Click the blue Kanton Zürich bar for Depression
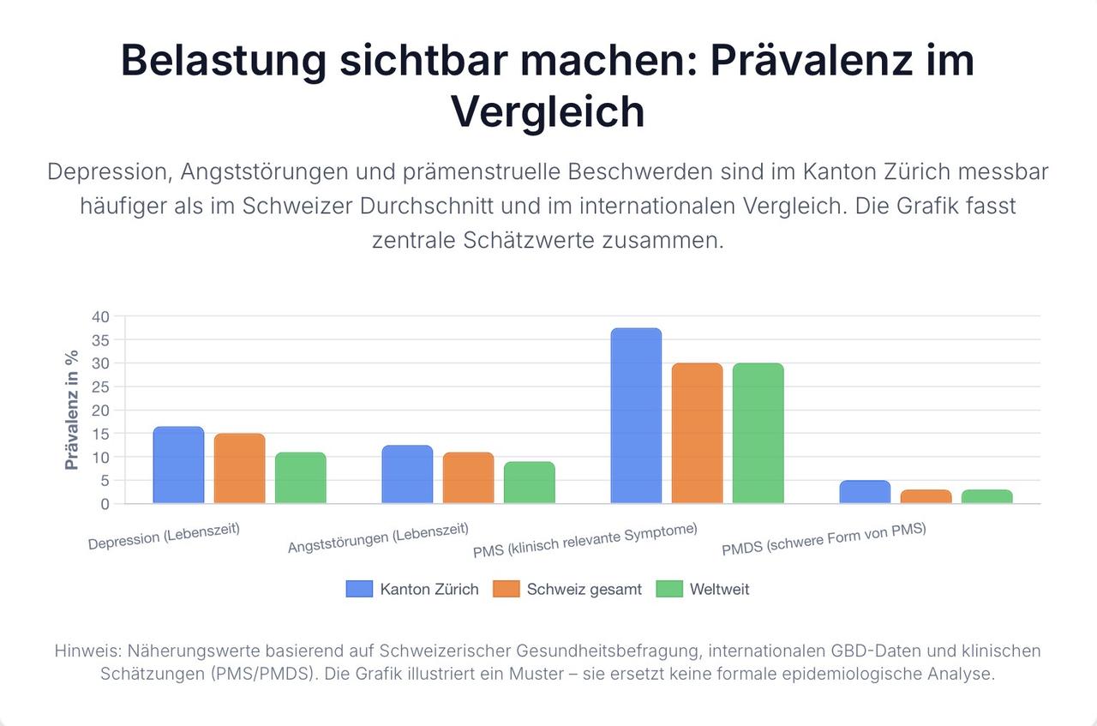tap(178, 465)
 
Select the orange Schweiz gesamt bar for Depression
tap(239, 469)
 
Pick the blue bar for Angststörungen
tap(407, 475)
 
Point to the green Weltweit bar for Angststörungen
tap(529, 483)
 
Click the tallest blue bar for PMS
tap(636, 417)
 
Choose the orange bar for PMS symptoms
tap(697, 434)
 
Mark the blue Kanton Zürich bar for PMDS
tap(865, 492)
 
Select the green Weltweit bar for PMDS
tap(986, 497)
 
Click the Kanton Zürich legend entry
tap(413, 589)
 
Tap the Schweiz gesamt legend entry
tap(568, 589)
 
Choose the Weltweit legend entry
tap(703, 589)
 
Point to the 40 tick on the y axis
tap(100, 317)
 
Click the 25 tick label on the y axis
tap(100, 387)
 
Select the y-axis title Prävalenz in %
tap(72, 410)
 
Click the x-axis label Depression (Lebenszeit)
tap(164, 536)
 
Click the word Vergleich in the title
tap(548, 111)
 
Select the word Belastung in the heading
tap(224, 61)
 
